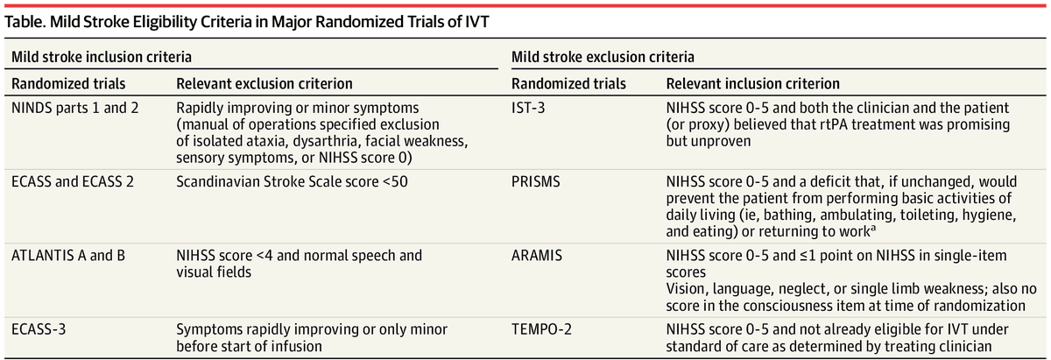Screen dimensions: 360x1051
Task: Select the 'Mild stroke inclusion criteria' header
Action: (x=101, y=58)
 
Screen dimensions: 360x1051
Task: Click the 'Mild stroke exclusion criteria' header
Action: (x=603, y=58)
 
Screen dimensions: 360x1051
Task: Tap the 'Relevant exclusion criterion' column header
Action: (x=265, y=84)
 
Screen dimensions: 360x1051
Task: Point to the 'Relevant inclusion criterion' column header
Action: (x=753, y=84)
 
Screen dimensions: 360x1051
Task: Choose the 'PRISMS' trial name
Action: (x=534, y=185)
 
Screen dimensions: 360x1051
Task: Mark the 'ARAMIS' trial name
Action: (x=536, y=257)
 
